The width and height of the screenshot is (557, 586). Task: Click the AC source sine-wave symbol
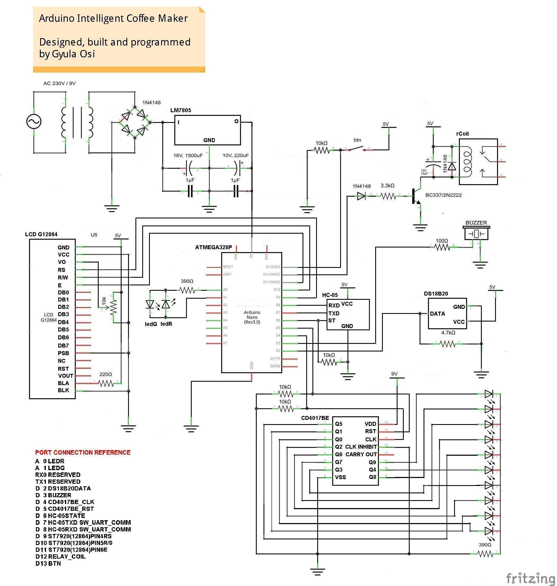tap(34, 121)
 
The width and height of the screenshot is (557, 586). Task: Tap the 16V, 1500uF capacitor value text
tap(188, 155)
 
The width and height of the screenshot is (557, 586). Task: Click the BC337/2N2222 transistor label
tap(443, 195)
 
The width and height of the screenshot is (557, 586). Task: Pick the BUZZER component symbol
tap(476, 233)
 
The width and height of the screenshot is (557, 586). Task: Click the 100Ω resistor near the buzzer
tap(442, 247)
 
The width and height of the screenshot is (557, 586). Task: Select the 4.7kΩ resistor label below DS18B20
tap(448, 333)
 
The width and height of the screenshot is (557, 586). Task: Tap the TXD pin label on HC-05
tap(334, 313)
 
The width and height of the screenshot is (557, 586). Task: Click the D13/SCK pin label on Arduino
tap(273, 267)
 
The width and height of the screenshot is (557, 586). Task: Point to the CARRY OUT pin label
tap(361, 454)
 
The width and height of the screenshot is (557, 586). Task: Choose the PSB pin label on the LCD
tap(63, 353)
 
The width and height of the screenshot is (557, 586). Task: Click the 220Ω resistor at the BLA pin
tap(106, 384)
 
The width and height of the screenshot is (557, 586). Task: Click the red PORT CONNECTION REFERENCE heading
tap(83, 452)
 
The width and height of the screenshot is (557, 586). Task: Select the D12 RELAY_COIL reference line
tap(61, 556)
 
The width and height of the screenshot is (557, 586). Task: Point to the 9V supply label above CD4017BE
tap(394, 374)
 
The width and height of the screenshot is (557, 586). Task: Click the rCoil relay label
tap(462, 134)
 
